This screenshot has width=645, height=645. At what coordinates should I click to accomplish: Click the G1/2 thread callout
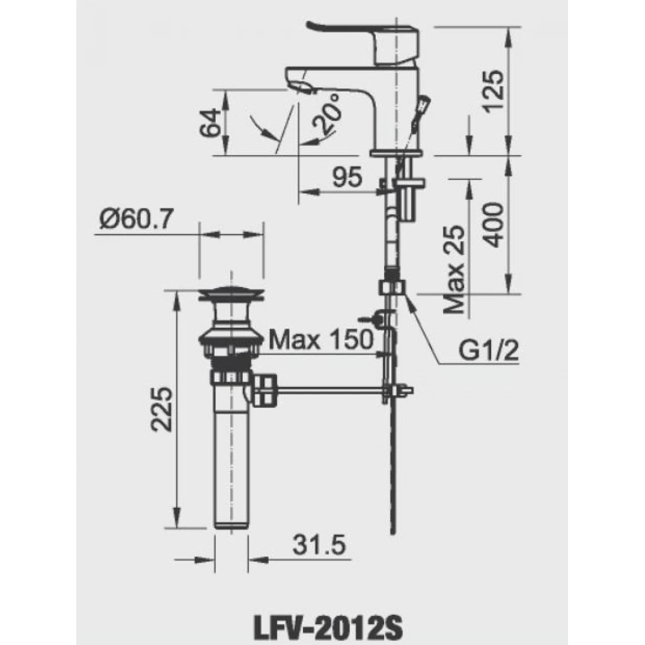point(488,353)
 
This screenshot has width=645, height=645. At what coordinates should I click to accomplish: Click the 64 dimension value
point(211,122)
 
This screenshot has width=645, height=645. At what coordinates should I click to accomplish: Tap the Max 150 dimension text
point(321,340)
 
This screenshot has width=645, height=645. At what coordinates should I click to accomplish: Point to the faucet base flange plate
point(396,153)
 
